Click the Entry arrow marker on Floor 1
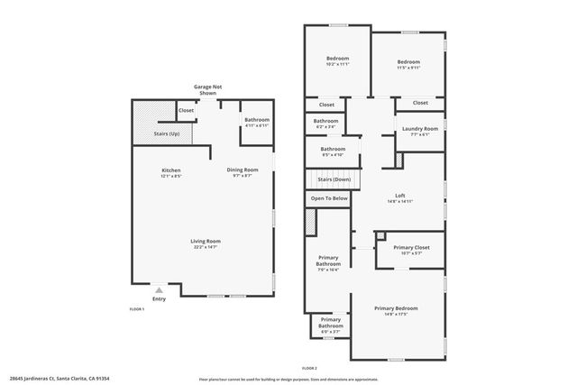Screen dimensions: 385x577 tap(159, 290)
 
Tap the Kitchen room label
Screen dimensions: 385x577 tap(171, 170)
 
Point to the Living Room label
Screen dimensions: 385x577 tap(206, 241)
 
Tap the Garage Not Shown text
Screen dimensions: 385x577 tap(207, 89)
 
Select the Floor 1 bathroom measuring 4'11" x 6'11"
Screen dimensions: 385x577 tap(257, 121)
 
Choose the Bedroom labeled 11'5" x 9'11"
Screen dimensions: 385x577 tap(409, 62)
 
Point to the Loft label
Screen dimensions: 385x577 tap(400, 196)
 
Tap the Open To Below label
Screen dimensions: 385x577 tap(329, 197)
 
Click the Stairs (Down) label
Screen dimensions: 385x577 tap(329, 179)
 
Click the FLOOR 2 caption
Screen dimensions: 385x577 tap(309, 369)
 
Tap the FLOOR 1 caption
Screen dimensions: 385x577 tap(137, 308)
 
